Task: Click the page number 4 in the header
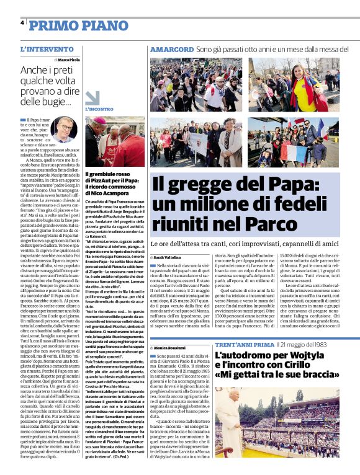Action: click(x=22, y=23)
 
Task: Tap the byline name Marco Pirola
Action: click(x=69, y=60)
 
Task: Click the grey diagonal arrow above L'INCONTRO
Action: click(x=92, y=97)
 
